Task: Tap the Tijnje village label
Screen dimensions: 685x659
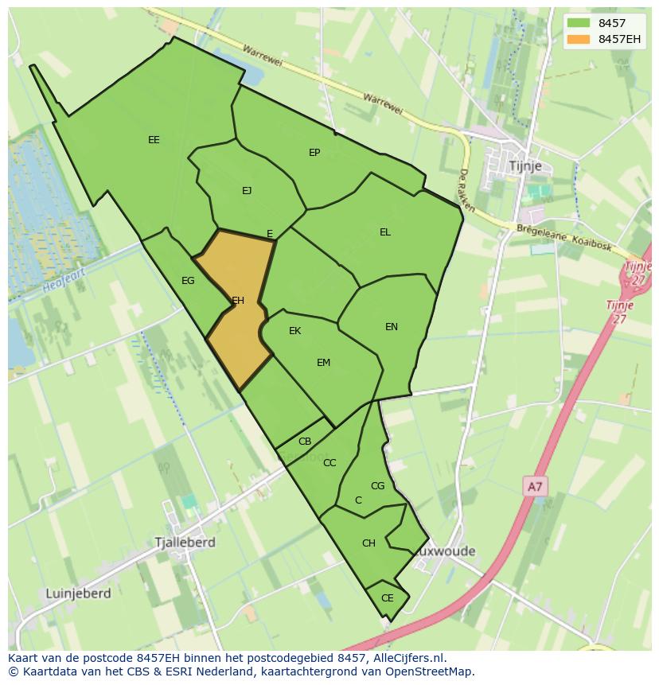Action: click(x=524, y=165)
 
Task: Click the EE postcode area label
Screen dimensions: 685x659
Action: click(x=154, y=140)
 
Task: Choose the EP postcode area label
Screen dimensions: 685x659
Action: click(x=314, y=152)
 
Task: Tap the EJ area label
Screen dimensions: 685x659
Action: click(x=247, y=190)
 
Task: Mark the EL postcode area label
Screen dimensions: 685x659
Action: click(x=385, y=232)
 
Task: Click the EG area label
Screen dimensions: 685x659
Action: click(x=188, y=281)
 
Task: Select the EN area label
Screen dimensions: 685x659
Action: click(x=392, y=327)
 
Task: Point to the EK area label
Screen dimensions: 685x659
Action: click(x=294, y=331)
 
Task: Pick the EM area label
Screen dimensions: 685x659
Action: click(x=323, y=363)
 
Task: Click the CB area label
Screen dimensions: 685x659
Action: click(x=305, y=442)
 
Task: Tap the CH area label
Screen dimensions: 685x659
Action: click(x=368, y=543)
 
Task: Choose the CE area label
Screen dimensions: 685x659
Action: click(x=388, y=598)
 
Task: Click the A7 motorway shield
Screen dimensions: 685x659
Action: click(x=535, y=485)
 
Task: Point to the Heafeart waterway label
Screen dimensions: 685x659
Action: click(x=64, y=278)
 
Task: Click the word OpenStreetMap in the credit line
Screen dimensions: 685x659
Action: click(x=430, y=671)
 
